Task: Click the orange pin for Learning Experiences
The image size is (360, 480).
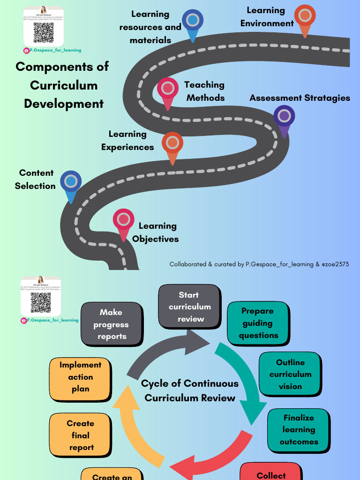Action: click(x=172, y=143)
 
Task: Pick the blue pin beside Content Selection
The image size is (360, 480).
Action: click(x=71, y=182)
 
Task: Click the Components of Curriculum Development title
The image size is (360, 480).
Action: click(x=62, y=85)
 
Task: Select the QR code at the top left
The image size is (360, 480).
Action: click(x=43, y=32)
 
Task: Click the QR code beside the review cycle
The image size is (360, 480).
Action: click(x=41, y=303)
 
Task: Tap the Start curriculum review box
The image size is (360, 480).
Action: click(x=189, y=307)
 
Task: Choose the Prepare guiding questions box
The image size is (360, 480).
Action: click(x=258, y=323)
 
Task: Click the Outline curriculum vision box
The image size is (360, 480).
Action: click(x=290, y=374)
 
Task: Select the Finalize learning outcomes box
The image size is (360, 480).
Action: click(x=299, y=430)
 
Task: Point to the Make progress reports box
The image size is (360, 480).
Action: click(x=112, y=324)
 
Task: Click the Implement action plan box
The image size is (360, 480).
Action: click(x=81, y=377)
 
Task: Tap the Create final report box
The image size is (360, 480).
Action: click(x=81, y=435)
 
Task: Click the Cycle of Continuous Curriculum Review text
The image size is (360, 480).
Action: click(x=190, y=390)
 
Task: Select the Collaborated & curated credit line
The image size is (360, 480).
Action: click(x=259, y=264)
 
